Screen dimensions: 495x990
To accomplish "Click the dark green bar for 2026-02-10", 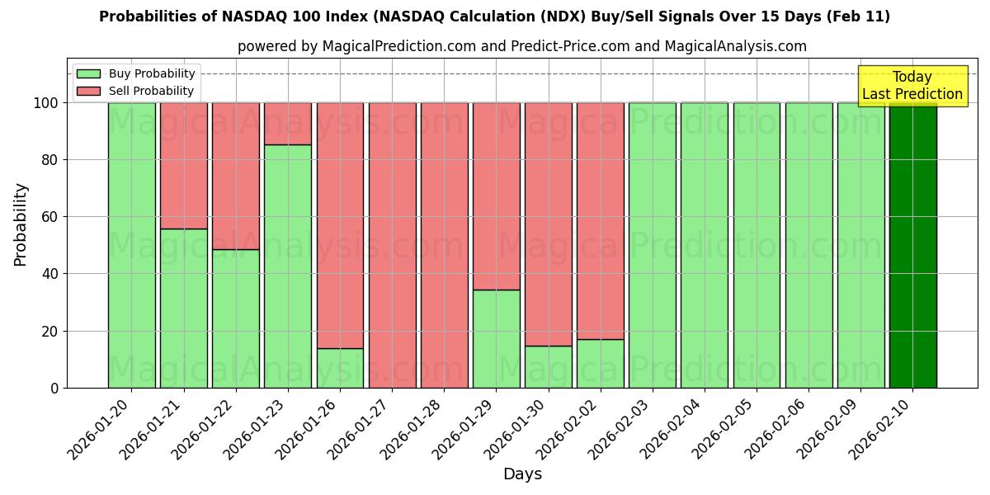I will pyautogui.click(x=912, y=245).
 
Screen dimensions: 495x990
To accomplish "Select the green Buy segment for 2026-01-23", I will pyautogui.click(x=288, y=266).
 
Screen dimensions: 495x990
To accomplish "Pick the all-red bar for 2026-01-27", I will pyautogui.click(x=392, y=245).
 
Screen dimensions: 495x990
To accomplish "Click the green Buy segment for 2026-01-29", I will pyautogui.click(x=496, y=338).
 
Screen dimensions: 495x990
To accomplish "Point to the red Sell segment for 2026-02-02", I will pyautogui.click(x=600, y=220).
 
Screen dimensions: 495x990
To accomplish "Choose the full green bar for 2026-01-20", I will pyautogui.click(x=131, y=245).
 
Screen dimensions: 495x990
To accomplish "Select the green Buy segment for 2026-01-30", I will pyautogui.click(x=548, y=366).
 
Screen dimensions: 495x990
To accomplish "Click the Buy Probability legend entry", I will pyautogui.click(x=152, y=73).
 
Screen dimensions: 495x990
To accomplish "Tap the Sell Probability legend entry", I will pyautogui.click(x=151, y=91).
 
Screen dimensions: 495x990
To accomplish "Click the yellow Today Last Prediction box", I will pyautogui.click(x=912, y=86).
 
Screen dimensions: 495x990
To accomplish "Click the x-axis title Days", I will pyautogui.click(x=522, y=474).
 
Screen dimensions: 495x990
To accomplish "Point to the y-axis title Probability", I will pyautogui.click(x=21, y=224).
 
